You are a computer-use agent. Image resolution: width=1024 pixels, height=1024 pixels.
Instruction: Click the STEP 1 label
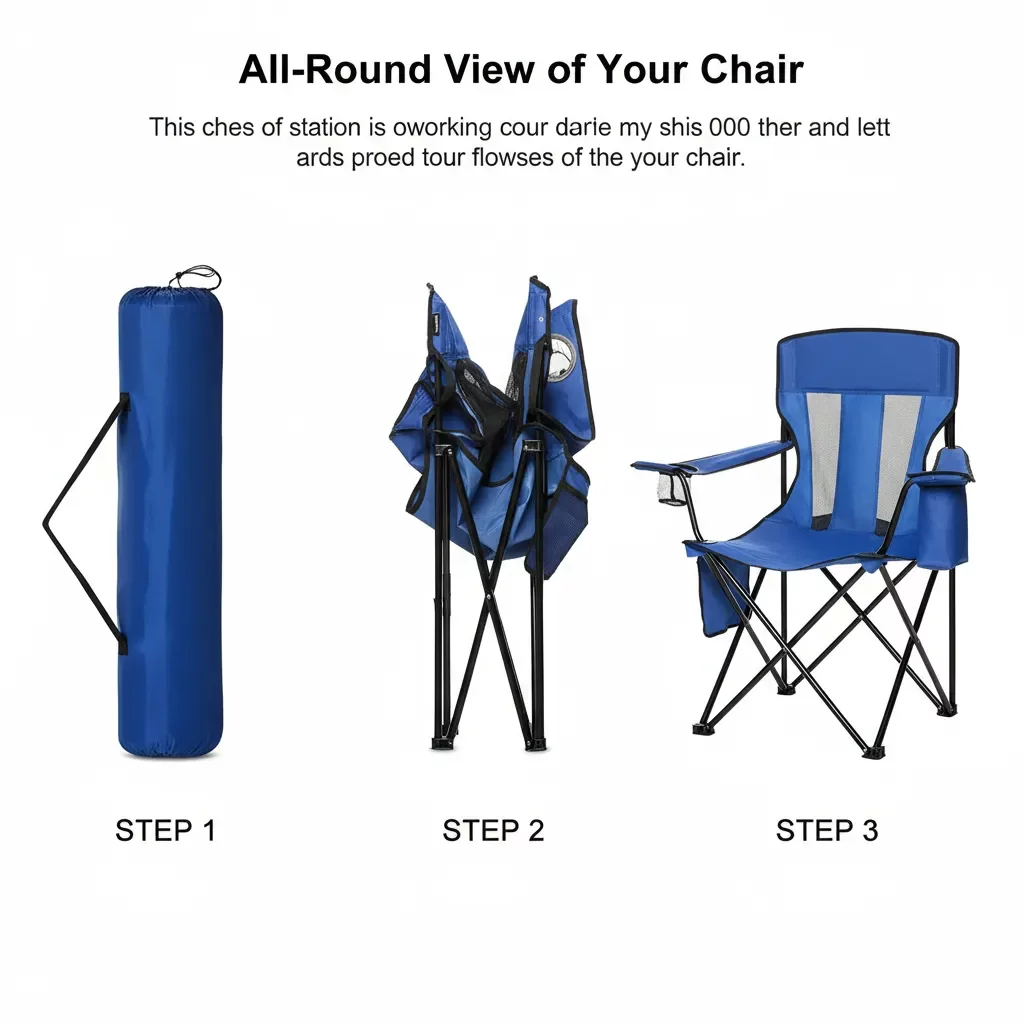point(165,831)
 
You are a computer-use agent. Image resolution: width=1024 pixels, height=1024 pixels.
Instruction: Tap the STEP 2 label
point(493,831)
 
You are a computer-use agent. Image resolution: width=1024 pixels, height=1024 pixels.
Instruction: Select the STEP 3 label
point(827,831)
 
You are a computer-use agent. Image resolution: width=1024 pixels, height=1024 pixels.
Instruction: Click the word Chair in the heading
point(752,69)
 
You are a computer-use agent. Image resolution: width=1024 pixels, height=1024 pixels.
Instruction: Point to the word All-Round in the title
point(335,69)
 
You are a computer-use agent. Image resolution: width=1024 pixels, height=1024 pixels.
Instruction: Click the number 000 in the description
point(729,127)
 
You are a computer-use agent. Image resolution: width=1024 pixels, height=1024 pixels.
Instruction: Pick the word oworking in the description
point(441,128)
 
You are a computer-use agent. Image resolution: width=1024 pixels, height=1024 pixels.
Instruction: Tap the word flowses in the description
point(513,158)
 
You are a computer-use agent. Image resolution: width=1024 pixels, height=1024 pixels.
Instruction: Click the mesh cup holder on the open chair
point(670,489)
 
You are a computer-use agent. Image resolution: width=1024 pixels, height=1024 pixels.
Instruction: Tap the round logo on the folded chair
point(560,357)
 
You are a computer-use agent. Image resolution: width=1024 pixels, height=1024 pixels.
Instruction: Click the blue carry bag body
point(170,522)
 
